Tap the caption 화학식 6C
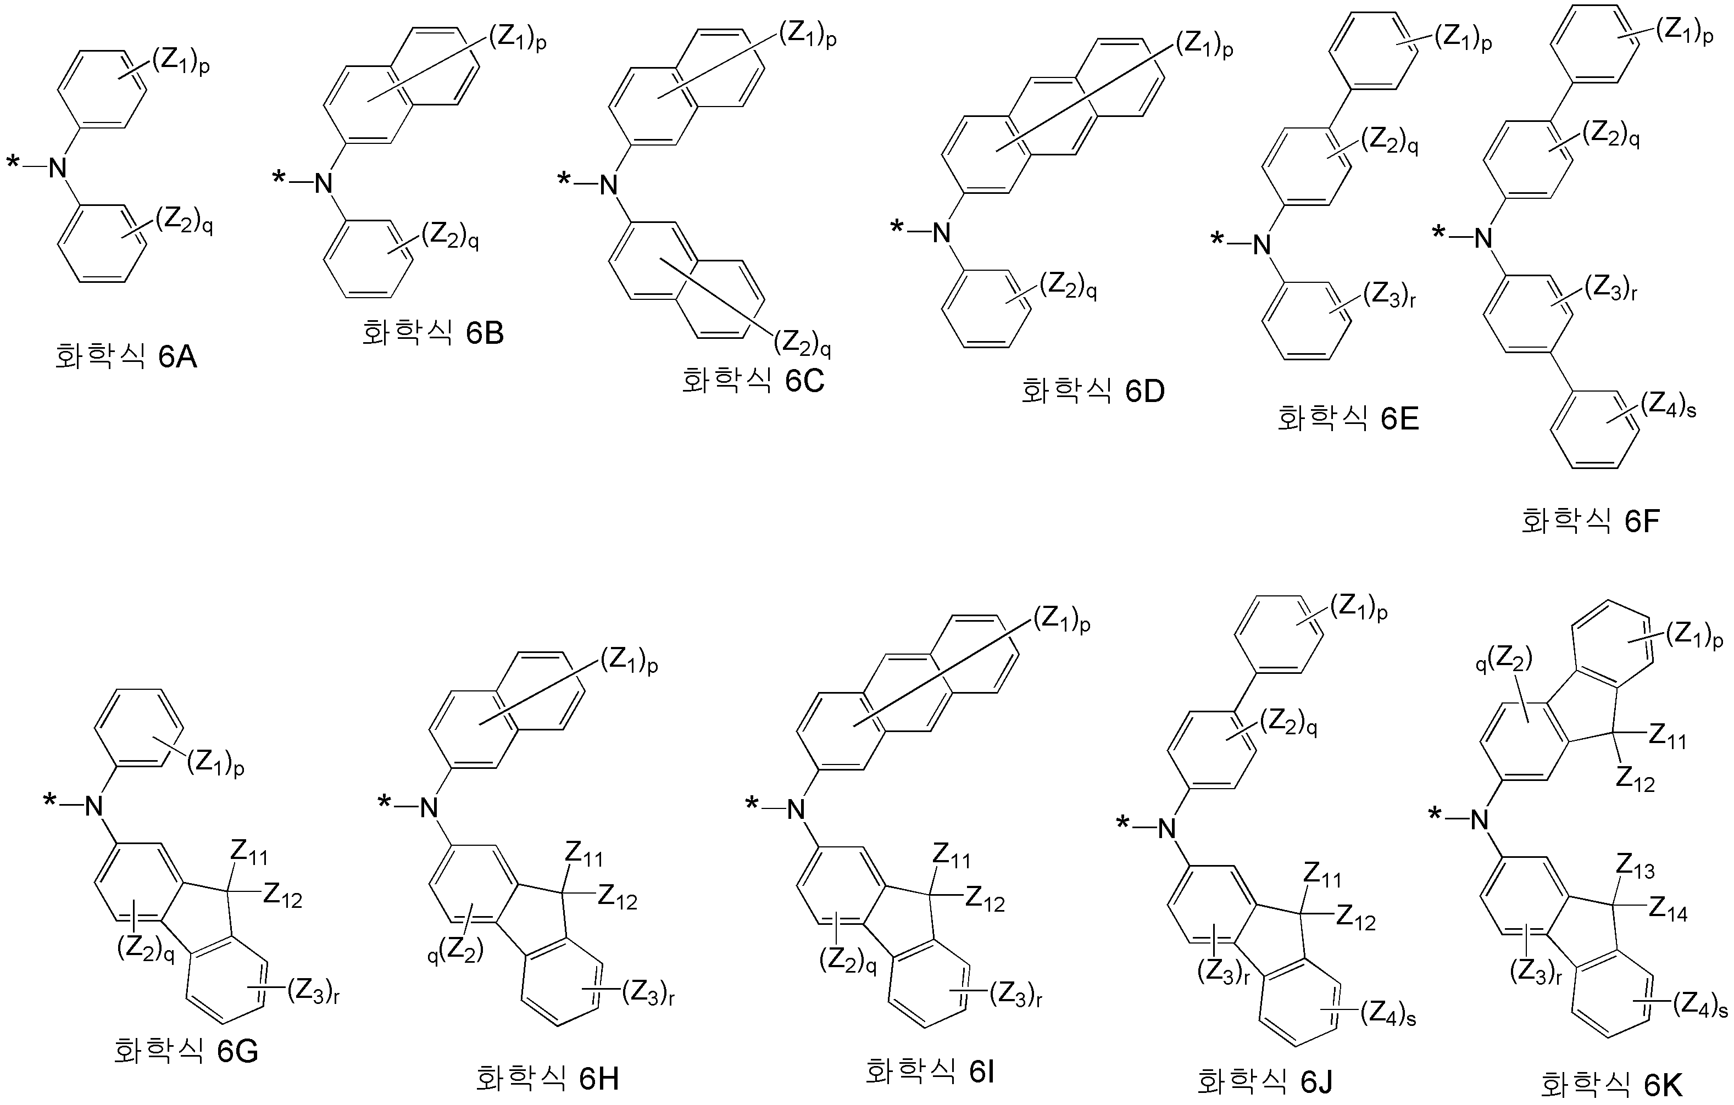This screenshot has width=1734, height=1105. click(x=753, y=381)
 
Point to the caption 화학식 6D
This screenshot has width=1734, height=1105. click(x=1092, y=391)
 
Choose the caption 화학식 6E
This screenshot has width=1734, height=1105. click(x=1348, y=419)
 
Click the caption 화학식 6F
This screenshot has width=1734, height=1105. click(x=1591, y=521)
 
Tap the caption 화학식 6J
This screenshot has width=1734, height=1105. click(x=1268, y=1081)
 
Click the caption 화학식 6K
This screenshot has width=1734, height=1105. click(x=1611, y=1084)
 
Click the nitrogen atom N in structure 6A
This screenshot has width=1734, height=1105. click(x=58, y=169)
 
